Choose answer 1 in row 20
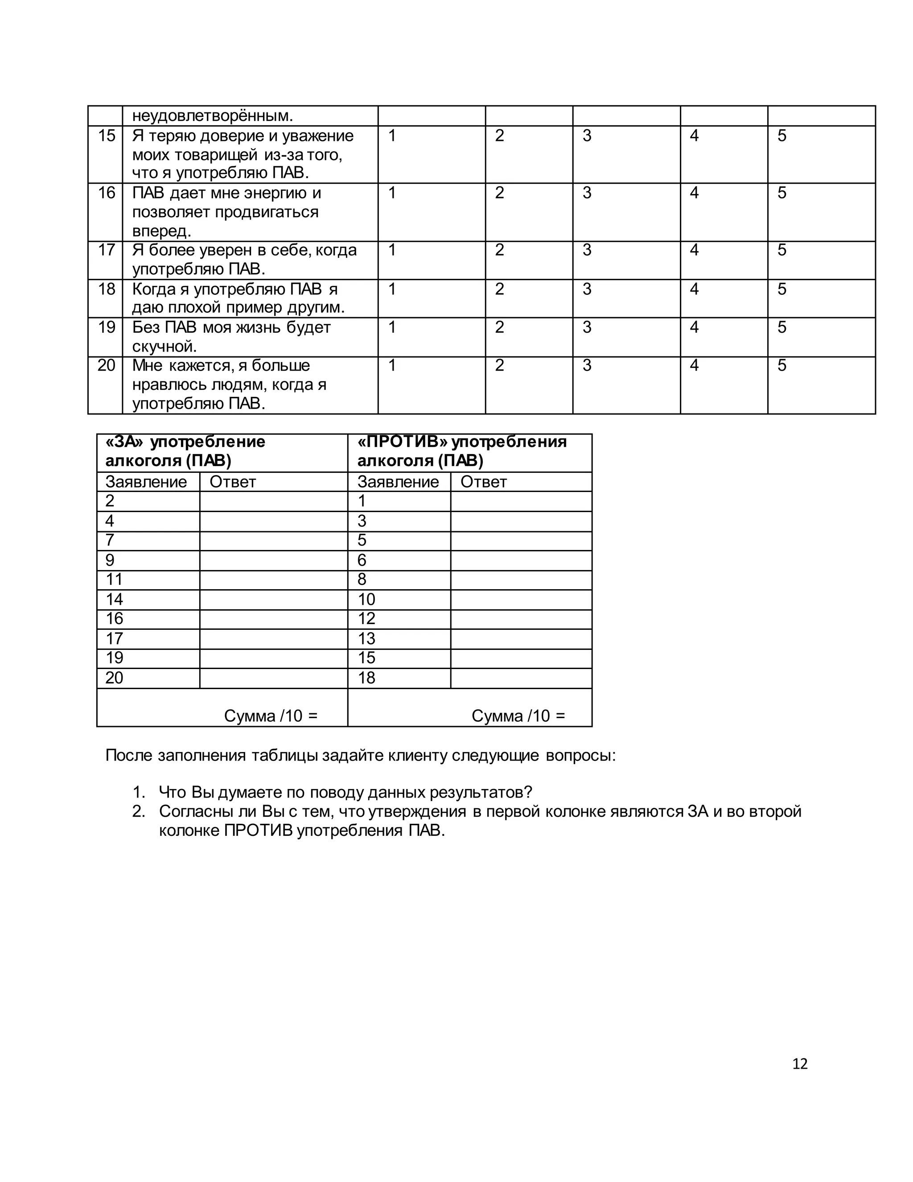pyautogui.click(x=392, y=365)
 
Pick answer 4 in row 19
pyautogui.click(x=694, y=327)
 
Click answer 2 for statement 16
pyautogui.click(x=499, y=193)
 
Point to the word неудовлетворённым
pyautogui.click(x=213, y=116)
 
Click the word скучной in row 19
pyautogui.click(x=164, y=347)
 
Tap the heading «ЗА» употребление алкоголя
pyautogui.click(x=185, y=451)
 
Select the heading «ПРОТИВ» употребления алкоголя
pyautogui.click(x=461, y=451)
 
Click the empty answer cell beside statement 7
pyautogui.click(x=273, y=541)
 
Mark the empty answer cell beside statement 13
pyautogui.click(x=521, y=639)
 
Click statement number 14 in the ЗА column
pyautogui.click(x=114, y=599)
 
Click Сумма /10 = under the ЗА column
pyautogui.click(x=271, y=715)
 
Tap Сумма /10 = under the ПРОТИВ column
pyautogui.click(x=518, y=715)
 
